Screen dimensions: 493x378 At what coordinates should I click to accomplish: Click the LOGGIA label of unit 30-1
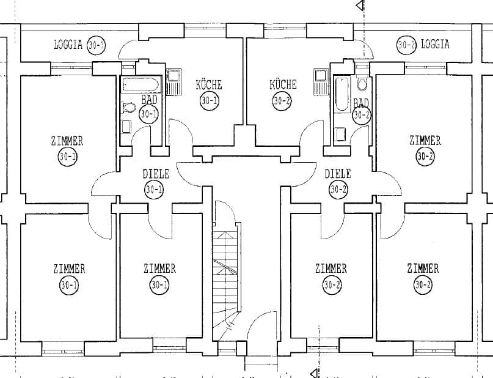68,45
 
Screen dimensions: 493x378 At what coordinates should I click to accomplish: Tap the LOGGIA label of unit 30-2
435,44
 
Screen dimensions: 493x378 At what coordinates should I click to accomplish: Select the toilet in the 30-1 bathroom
129,108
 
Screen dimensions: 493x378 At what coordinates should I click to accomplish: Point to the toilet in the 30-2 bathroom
362,83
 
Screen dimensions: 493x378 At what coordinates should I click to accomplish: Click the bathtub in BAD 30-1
141,84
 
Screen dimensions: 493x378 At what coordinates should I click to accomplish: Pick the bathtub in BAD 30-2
341,94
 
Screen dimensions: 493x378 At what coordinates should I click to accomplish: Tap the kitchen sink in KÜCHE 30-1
173,83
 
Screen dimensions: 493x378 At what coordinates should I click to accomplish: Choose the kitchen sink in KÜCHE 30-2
321,82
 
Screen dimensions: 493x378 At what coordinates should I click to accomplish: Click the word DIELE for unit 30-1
156,174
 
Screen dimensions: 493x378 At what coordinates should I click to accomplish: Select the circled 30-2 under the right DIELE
338,190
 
